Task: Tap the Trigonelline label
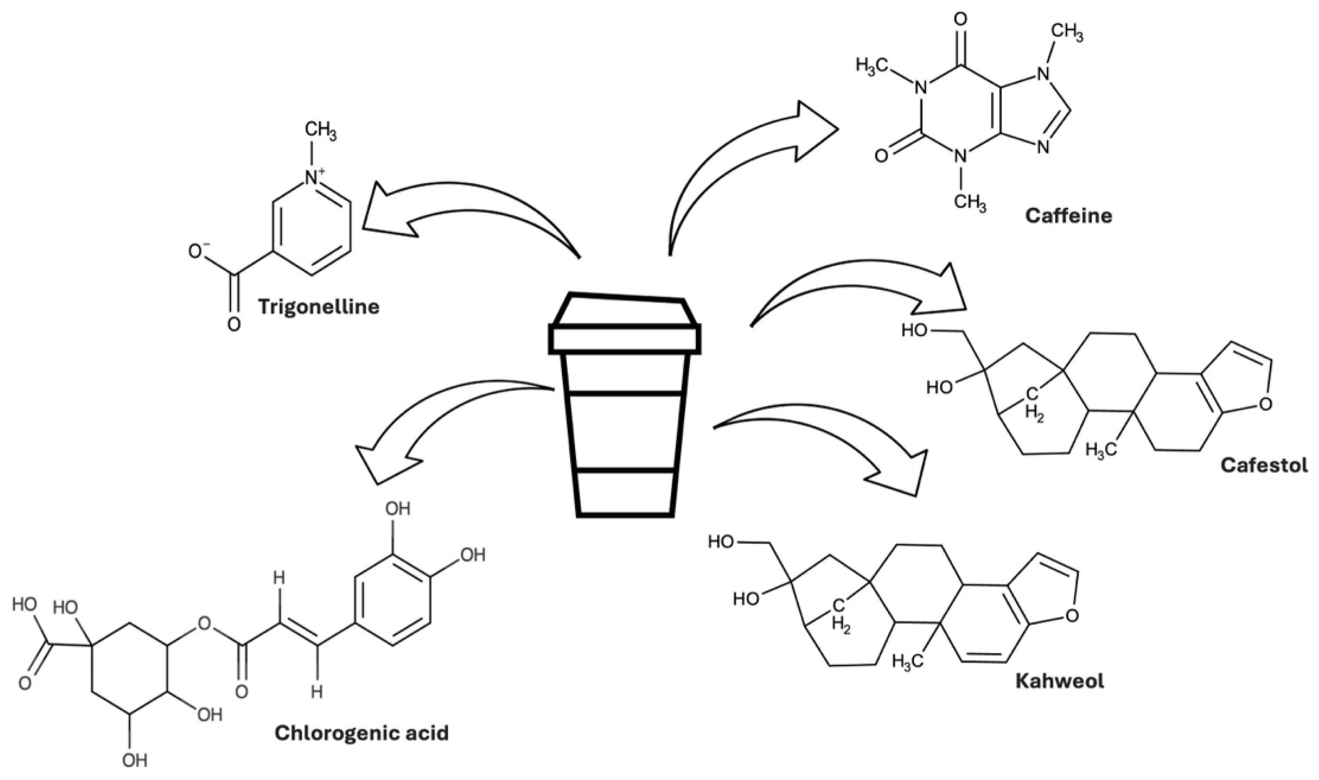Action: click(x=319, y=307)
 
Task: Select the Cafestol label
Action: click(x=1264, y=465)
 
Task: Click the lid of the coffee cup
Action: click(x=624, y=326)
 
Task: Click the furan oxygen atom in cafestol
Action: click(x=1266, y=403)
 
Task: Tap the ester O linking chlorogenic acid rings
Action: click(x=204, y=624)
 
